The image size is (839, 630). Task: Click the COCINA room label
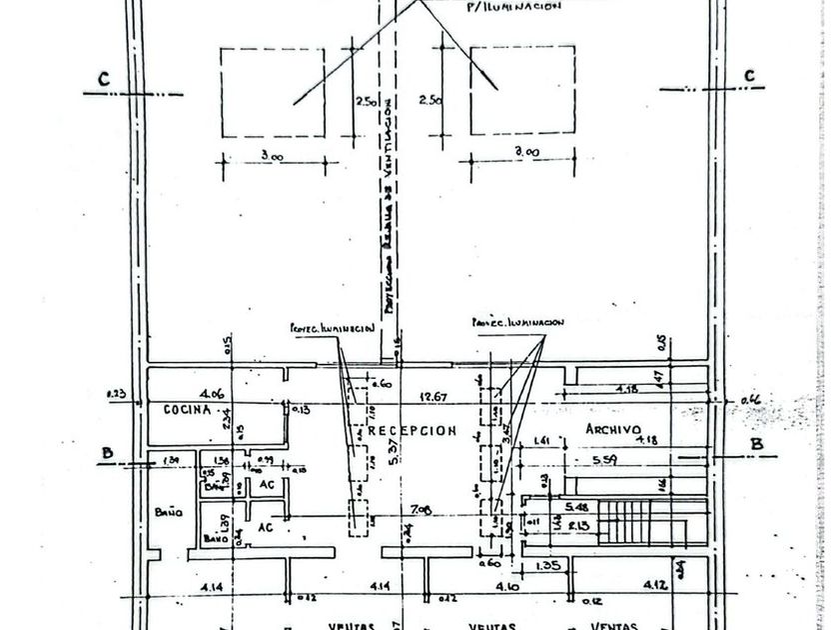click(x=187, y=410)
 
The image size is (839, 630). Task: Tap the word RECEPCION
click(x=412, y=431)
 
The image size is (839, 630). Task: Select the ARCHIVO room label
click(x=612, y=428)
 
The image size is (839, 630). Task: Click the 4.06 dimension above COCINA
click(x=210, y=393)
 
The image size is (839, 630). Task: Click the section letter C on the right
click(x=749, y=76)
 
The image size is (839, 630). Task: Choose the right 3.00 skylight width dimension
click(x=526, y=152)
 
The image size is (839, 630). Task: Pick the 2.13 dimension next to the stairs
click(x=575, y=526)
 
